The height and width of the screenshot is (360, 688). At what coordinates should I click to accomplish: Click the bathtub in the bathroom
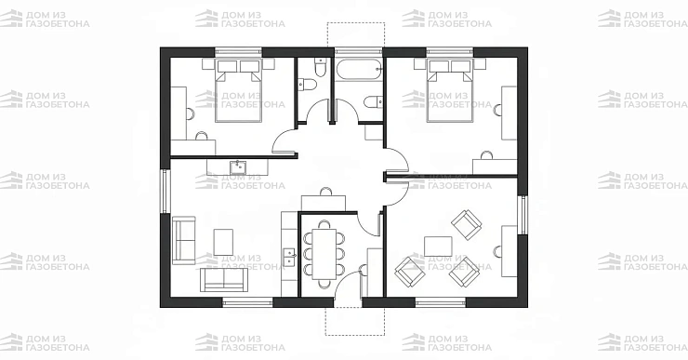tap(360, 70)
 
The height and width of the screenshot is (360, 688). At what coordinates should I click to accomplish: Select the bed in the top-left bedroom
tap(238, 91)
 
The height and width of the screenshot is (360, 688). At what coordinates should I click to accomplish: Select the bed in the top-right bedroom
tap(450, 91)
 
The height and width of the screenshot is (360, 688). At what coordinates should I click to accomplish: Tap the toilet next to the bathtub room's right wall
tap(373, 101)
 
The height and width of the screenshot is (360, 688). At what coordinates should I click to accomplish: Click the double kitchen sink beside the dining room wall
tap(289, 257)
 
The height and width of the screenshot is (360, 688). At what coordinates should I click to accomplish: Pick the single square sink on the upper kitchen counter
tap(238, 167)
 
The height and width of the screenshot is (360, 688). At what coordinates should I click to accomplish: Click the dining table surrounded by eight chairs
tap(324, 254)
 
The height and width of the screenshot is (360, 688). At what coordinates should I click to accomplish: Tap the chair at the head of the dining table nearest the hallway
tap(324, 224)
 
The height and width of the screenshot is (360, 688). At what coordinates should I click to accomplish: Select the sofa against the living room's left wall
tap(183, 240)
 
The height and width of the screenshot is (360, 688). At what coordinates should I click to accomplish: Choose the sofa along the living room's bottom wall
tap(224, 280)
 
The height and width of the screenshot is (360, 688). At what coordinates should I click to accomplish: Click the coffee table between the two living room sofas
tap(223, 242)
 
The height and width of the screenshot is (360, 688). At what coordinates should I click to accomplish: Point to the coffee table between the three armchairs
tap(438, 247)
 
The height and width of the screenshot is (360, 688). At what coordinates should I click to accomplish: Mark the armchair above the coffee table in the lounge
tap(467, 225)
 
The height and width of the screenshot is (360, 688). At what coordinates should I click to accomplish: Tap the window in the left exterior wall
tap(165, 192)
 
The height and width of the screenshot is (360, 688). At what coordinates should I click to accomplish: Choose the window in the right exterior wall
tap(523, 215)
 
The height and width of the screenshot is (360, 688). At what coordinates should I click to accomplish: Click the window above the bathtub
tap(359, 52)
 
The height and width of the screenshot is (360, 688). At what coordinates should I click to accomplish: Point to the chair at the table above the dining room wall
tap(325, 192)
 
